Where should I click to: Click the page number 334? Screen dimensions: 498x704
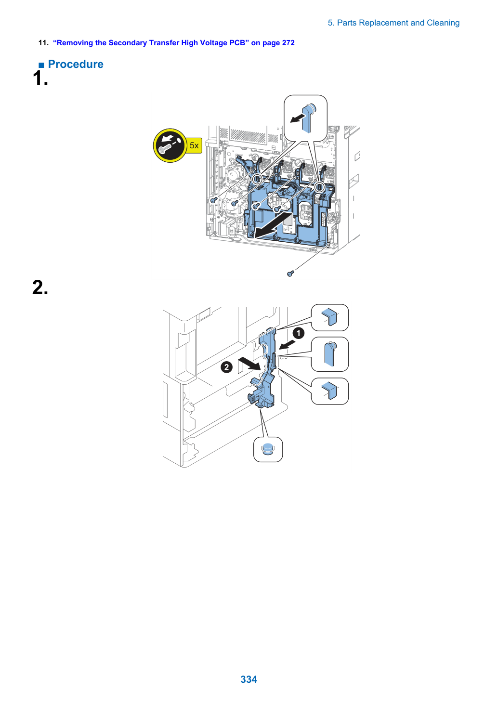249,679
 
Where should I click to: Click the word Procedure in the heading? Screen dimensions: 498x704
76,64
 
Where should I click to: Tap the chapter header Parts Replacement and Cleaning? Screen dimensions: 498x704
398,23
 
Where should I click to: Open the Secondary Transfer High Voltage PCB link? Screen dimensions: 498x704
173,43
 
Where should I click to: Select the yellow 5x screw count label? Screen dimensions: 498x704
194,145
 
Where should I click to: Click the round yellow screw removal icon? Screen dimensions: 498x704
170,145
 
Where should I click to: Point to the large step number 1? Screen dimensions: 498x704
40,78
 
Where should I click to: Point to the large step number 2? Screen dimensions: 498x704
40,287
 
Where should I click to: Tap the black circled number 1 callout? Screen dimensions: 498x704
298,333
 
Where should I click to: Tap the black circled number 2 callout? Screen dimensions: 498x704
226,367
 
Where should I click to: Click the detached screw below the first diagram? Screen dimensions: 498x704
290,274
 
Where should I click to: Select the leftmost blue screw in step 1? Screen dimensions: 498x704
214,200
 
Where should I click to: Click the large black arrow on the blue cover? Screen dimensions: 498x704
274,225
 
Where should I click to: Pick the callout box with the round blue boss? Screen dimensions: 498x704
268,449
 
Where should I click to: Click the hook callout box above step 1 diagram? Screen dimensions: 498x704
305,118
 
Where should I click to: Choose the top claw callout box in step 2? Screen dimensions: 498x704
330,317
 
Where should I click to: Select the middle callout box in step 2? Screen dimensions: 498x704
330,354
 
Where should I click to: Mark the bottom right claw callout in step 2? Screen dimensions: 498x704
330,391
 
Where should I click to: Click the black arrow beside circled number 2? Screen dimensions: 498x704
249,365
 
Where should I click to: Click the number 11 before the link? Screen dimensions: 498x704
43,43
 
